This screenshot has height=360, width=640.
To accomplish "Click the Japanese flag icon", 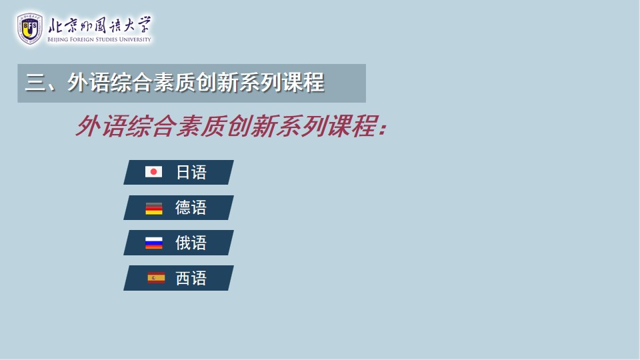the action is click(x=153, y=172).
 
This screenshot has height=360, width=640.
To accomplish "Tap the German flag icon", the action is click(x=154, y=208).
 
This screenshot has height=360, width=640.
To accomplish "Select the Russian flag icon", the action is click(x=154, y=243).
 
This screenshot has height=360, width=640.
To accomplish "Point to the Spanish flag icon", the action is click(x=156, y=278).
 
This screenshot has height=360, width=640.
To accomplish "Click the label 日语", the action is click(x=191, y=172).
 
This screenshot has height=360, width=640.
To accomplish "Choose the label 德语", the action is click(x=191, y=208).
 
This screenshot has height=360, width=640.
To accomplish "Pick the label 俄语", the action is click(x=191, y=243).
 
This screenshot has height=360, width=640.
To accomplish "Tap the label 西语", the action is click(x=191, y=279).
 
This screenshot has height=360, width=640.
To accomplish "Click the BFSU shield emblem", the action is click(x=30, y=28).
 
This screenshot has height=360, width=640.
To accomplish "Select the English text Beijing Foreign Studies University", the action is click(x=99, y=39).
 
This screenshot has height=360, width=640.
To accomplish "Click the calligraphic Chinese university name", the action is click(x=99, y=25).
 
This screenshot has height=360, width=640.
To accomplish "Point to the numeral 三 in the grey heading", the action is click(x=35, y=83).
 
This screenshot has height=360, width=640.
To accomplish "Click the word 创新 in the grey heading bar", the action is click(x=217, y=83).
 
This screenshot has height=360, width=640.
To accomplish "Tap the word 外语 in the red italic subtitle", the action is click(x=101, y=126).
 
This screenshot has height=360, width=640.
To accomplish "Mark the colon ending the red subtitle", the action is click(x=382, y=128).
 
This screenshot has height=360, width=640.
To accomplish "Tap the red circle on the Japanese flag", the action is click(x=153, y=172).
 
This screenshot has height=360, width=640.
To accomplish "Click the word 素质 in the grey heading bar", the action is click(x=174, y=83).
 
